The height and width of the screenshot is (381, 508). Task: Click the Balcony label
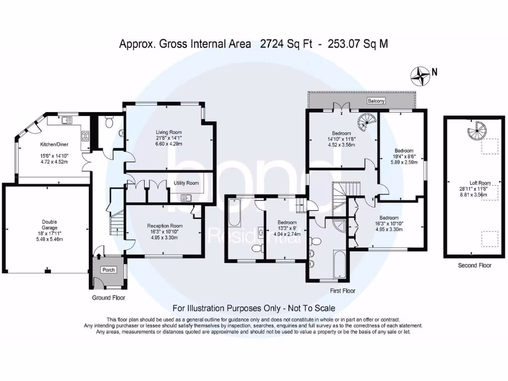(x=376, y=101)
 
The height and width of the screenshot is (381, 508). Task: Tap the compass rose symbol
(x=420, y=76)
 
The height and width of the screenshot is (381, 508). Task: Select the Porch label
(x=109, y=269)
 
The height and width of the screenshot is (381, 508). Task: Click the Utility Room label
(x=186, y=183)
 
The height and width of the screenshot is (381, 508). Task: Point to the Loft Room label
(x=480, y=183)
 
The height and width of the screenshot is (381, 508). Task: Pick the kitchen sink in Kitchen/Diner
(x=67, y=120)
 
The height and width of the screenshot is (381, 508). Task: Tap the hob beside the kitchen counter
(x=85, y=136)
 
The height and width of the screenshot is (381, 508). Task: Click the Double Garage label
(x=49, y=225)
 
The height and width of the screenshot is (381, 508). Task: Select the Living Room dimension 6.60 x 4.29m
(x=169, y=143)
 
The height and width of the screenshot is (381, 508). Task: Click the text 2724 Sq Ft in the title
(x=286, y=44)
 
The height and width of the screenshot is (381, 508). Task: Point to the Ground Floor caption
(x=109, y=298)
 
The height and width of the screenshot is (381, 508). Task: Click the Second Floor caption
(x=475, y=265)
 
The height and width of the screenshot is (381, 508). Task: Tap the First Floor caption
(x=342, y=291)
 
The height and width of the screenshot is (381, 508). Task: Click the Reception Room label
(x=165, y=226)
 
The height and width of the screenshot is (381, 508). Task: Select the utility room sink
(x=187, y=197)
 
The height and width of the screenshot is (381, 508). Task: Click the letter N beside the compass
(x=435, y=72)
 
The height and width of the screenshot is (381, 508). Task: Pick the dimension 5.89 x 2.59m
(x=404, y=162)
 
